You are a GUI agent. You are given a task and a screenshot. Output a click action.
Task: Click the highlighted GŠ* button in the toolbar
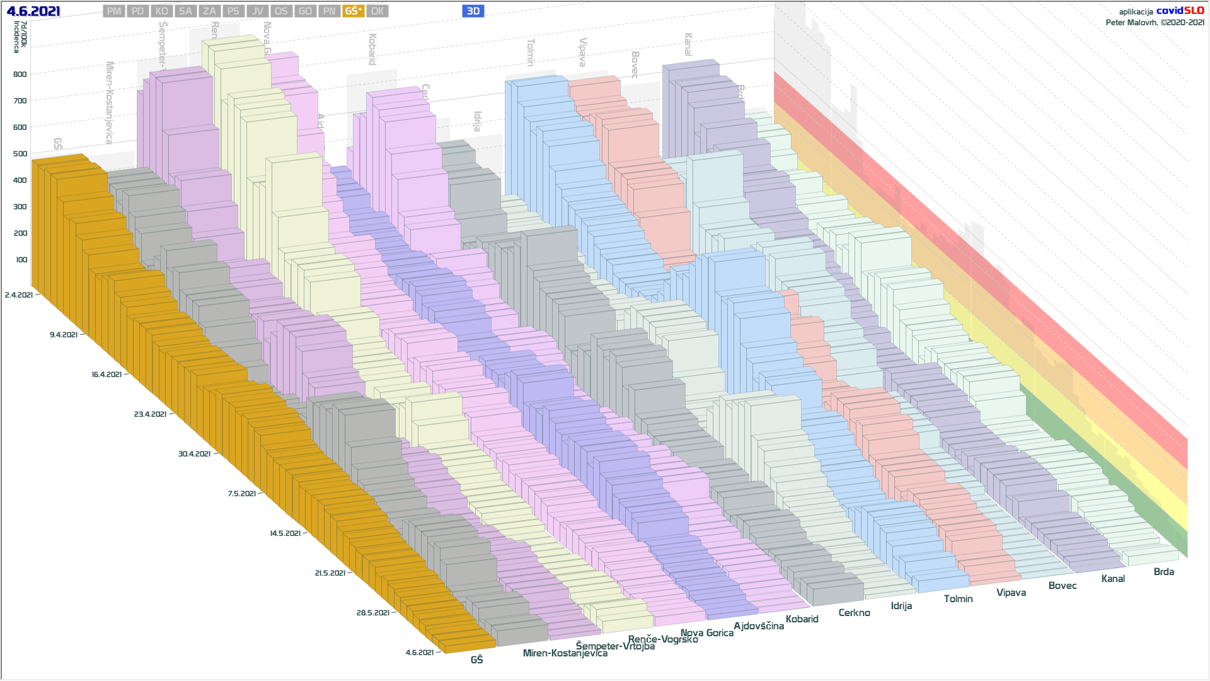pos(353,11)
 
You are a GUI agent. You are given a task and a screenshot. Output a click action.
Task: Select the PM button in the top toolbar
pos(114,11)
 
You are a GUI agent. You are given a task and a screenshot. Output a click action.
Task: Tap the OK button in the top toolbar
pos(377,11)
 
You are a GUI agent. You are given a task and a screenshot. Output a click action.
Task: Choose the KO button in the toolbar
pos(162,11)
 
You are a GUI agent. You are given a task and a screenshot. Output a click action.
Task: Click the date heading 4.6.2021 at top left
pos(33,11)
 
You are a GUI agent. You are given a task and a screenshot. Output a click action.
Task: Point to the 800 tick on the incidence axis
pos(21,74)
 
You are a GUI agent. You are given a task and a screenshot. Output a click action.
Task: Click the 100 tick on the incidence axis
pos(21,260)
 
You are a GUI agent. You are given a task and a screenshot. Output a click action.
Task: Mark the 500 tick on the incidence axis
pos(21,154)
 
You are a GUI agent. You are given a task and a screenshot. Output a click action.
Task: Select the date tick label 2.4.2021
pos(19,295)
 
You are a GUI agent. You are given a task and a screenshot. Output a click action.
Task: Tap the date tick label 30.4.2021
pos(194,454)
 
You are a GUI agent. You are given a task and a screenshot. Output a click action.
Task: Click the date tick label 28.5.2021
pos(372,613)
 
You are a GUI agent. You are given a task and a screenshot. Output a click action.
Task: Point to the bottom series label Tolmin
pos(958,599)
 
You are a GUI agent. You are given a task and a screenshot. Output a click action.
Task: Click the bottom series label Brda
pos(1163,572)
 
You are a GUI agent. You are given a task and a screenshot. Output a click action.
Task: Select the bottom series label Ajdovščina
pos(759,626)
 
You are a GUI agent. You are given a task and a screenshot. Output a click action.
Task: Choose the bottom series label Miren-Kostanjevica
pos(565,653)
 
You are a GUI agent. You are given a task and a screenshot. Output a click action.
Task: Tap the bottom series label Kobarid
pos(802,619)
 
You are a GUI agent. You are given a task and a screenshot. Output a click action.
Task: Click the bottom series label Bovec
pos(1063,586)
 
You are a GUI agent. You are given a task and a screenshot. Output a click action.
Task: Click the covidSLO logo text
pos(1180,11)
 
